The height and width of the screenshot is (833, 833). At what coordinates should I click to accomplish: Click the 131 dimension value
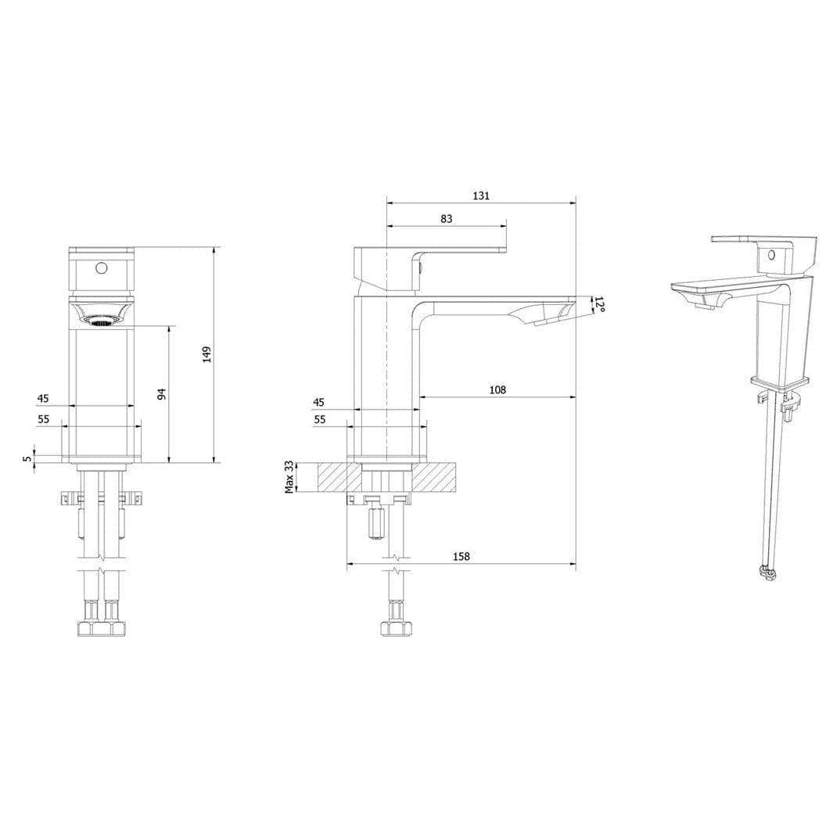click(x=481, y=196)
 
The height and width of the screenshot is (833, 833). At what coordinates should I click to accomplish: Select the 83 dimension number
click(x=447, y=219)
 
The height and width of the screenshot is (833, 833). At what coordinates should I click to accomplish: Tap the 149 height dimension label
click(x=206, y=354)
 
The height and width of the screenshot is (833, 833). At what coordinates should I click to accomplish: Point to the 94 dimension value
click(x=161, y=394)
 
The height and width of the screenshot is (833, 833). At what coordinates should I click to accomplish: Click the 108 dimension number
click(x=497, y=390)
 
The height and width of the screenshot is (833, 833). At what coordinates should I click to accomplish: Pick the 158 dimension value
click(x=461, y=556)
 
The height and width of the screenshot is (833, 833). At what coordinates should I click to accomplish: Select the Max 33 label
click(x=290, y=476)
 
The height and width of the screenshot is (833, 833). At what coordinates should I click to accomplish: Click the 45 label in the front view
click(x=43, y=398)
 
